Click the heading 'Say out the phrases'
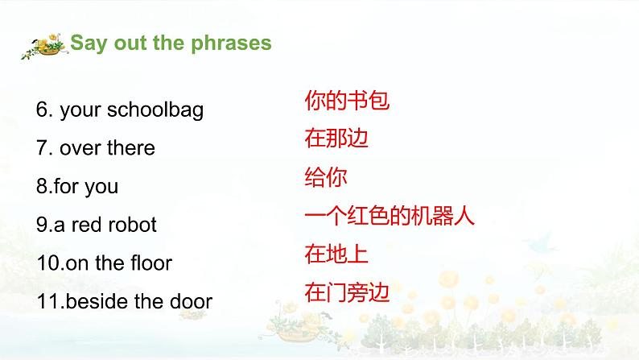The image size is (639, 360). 171,43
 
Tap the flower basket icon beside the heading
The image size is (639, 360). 44,47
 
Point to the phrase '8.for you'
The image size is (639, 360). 76,186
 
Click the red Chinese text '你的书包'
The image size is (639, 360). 347,101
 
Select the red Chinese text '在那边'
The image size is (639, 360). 336,139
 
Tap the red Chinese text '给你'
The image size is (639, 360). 326,177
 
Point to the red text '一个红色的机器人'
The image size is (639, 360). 390,216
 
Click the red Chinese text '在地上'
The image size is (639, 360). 336,254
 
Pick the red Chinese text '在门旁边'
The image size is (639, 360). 347,292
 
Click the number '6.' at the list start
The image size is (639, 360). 45,110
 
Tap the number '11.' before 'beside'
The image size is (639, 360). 48,301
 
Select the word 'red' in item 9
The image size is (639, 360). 86,225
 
